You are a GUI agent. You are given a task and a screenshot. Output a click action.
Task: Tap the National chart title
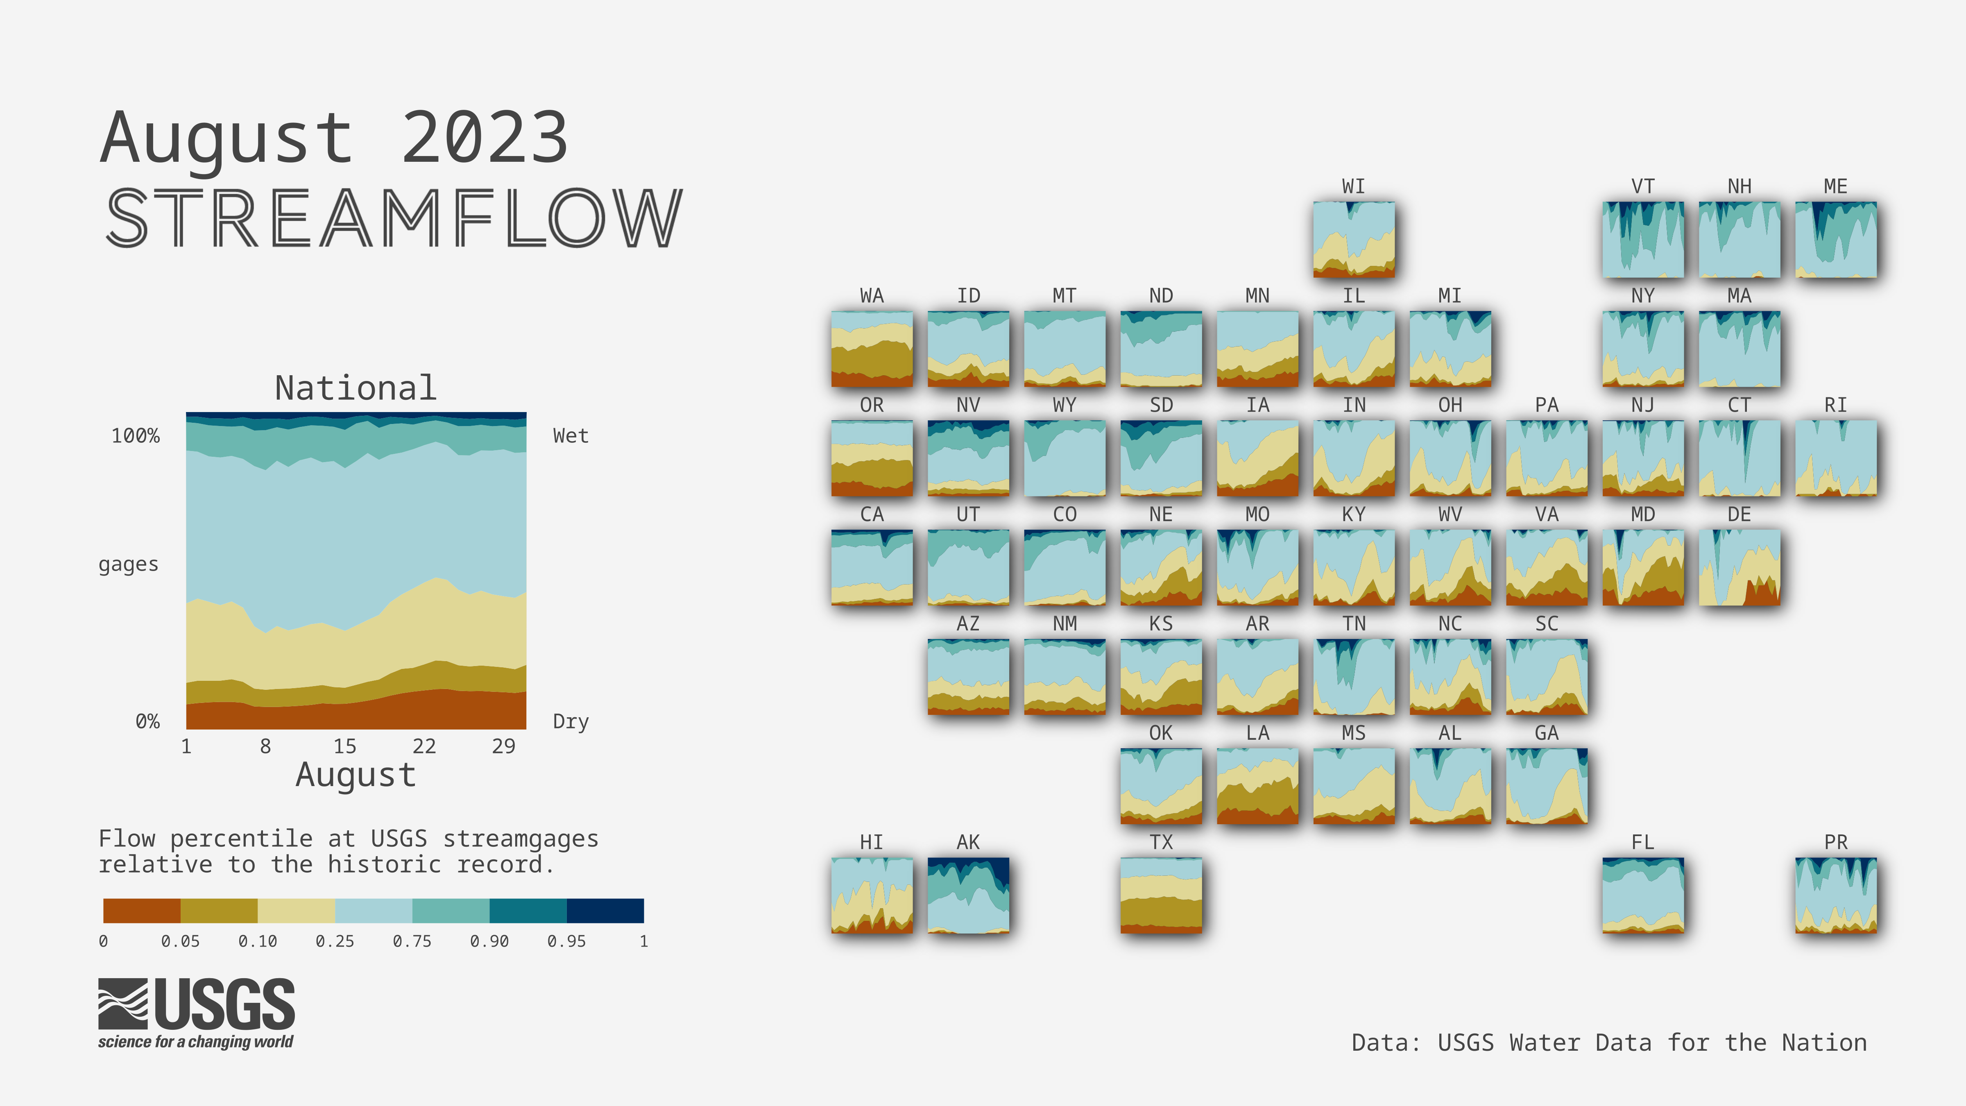click(356, 388)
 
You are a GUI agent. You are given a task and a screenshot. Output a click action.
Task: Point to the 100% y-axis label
click(136, 436)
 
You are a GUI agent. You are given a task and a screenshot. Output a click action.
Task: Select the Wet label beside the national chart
click(571, 436)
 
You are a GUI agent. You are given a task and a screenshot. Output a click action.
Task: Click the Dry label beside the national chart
click(571, 721)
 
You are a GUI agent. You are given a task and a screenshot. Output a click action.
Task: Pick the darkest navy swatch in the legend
click(605, 911)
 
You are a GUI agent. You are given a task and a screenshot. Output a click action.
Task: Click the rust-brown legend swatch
click(142, 911)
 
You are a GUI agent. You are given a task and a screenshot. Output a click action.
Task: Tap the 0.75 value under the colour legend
click(412, 941)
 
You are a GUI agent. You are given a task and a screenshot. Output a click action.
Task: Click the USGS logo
click(196, 1013)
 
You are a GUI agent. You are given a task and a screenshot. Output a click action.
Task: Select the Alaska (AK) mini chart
click(968, 895)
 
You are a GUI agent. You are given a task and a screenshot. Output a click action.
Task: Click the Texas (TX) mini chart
click(1161, 895)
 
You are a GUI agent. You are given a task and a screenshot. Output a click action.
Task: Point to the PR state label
click(1835, 842)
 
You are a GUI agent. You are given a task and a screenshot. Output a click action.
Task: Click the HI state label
click(872, 842)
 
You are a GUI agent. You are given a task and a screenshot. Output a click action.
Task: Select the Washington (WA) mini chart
click(872, 349)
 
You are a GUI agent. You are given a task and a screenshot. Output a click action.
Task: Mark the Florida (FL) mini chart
click(1643, 895)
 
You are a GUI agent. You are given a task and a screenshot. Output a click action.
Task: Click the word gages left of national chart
click(128, 565)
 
